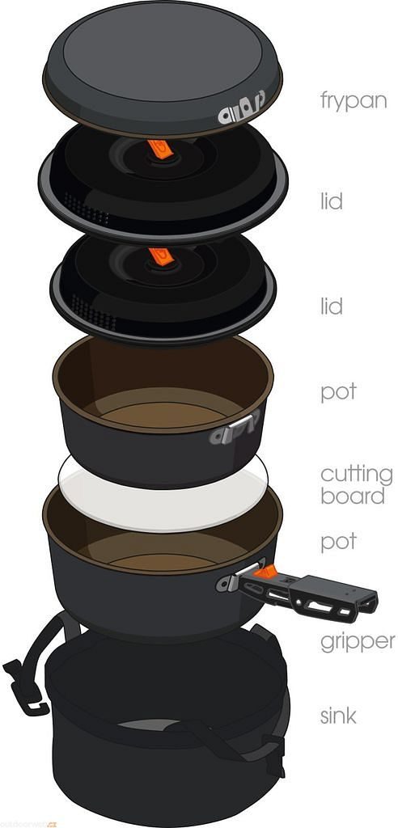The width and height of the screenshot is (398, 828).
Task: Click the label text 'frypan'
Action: (353, 99)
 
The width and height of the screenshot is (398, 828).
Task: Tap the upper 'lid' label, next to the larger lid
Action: (332, 201)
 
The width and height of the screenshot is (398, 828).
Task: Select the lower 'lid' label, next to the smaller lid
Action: (332, 306)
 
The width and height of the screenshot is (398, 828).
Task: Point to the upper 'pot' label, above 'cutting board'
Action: (339, 393)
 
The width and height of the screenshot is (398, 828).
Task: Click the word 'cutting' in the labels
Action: (357, 475)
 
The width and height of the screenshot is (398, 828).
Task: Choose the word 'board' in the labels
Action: (353, 496)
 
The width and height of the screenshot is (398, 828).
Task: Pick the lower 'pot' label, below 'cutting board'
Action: (339, 543)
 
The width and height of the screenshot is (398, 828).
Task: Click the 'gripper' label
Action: (358, 642)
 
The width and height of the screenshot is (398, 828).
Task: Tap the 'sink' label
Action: (338, 716)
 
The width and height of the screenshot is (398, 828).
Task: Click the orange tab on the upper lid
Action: (161, 149)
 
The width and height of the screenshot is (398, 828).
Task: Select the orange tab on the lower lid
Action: (161, 256)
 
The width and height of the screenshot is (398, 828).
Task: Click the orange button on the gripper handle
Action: (265, 572)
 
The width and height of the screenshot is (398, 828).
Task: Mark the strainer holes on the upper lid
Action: (86, 207)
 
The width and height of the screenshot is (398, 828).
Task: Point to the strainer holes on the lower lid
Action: (93, 311)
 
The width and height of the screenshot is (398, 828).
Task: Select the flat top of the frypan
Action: (164, 57)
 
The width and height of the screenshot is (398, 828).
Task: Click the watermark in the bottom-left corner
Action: (28, 823)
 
